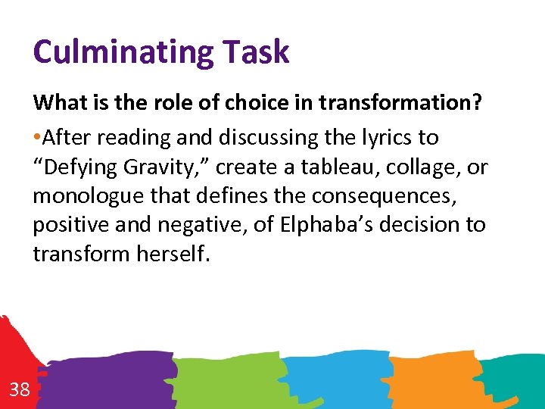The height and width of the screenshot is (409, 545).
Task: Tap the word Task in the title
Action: pyautogui.click(x=255, y=53)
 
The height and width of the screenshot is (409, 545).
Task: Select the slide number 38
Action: pyautogui.click(x=20, y=390)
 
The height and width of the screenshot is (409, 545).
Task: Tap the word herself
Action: pyautogui.click(x=172, y=253)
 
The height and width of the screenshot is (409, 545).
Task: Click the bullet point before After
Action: pyautogui.click(x=37, y=138)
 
